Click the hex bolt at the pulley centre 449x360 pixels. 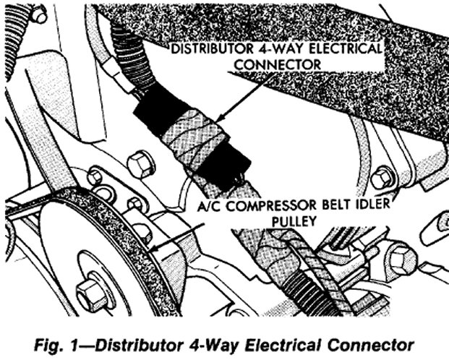click(90, 293)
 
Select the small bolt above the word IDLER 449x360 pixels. click(382, 176)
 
